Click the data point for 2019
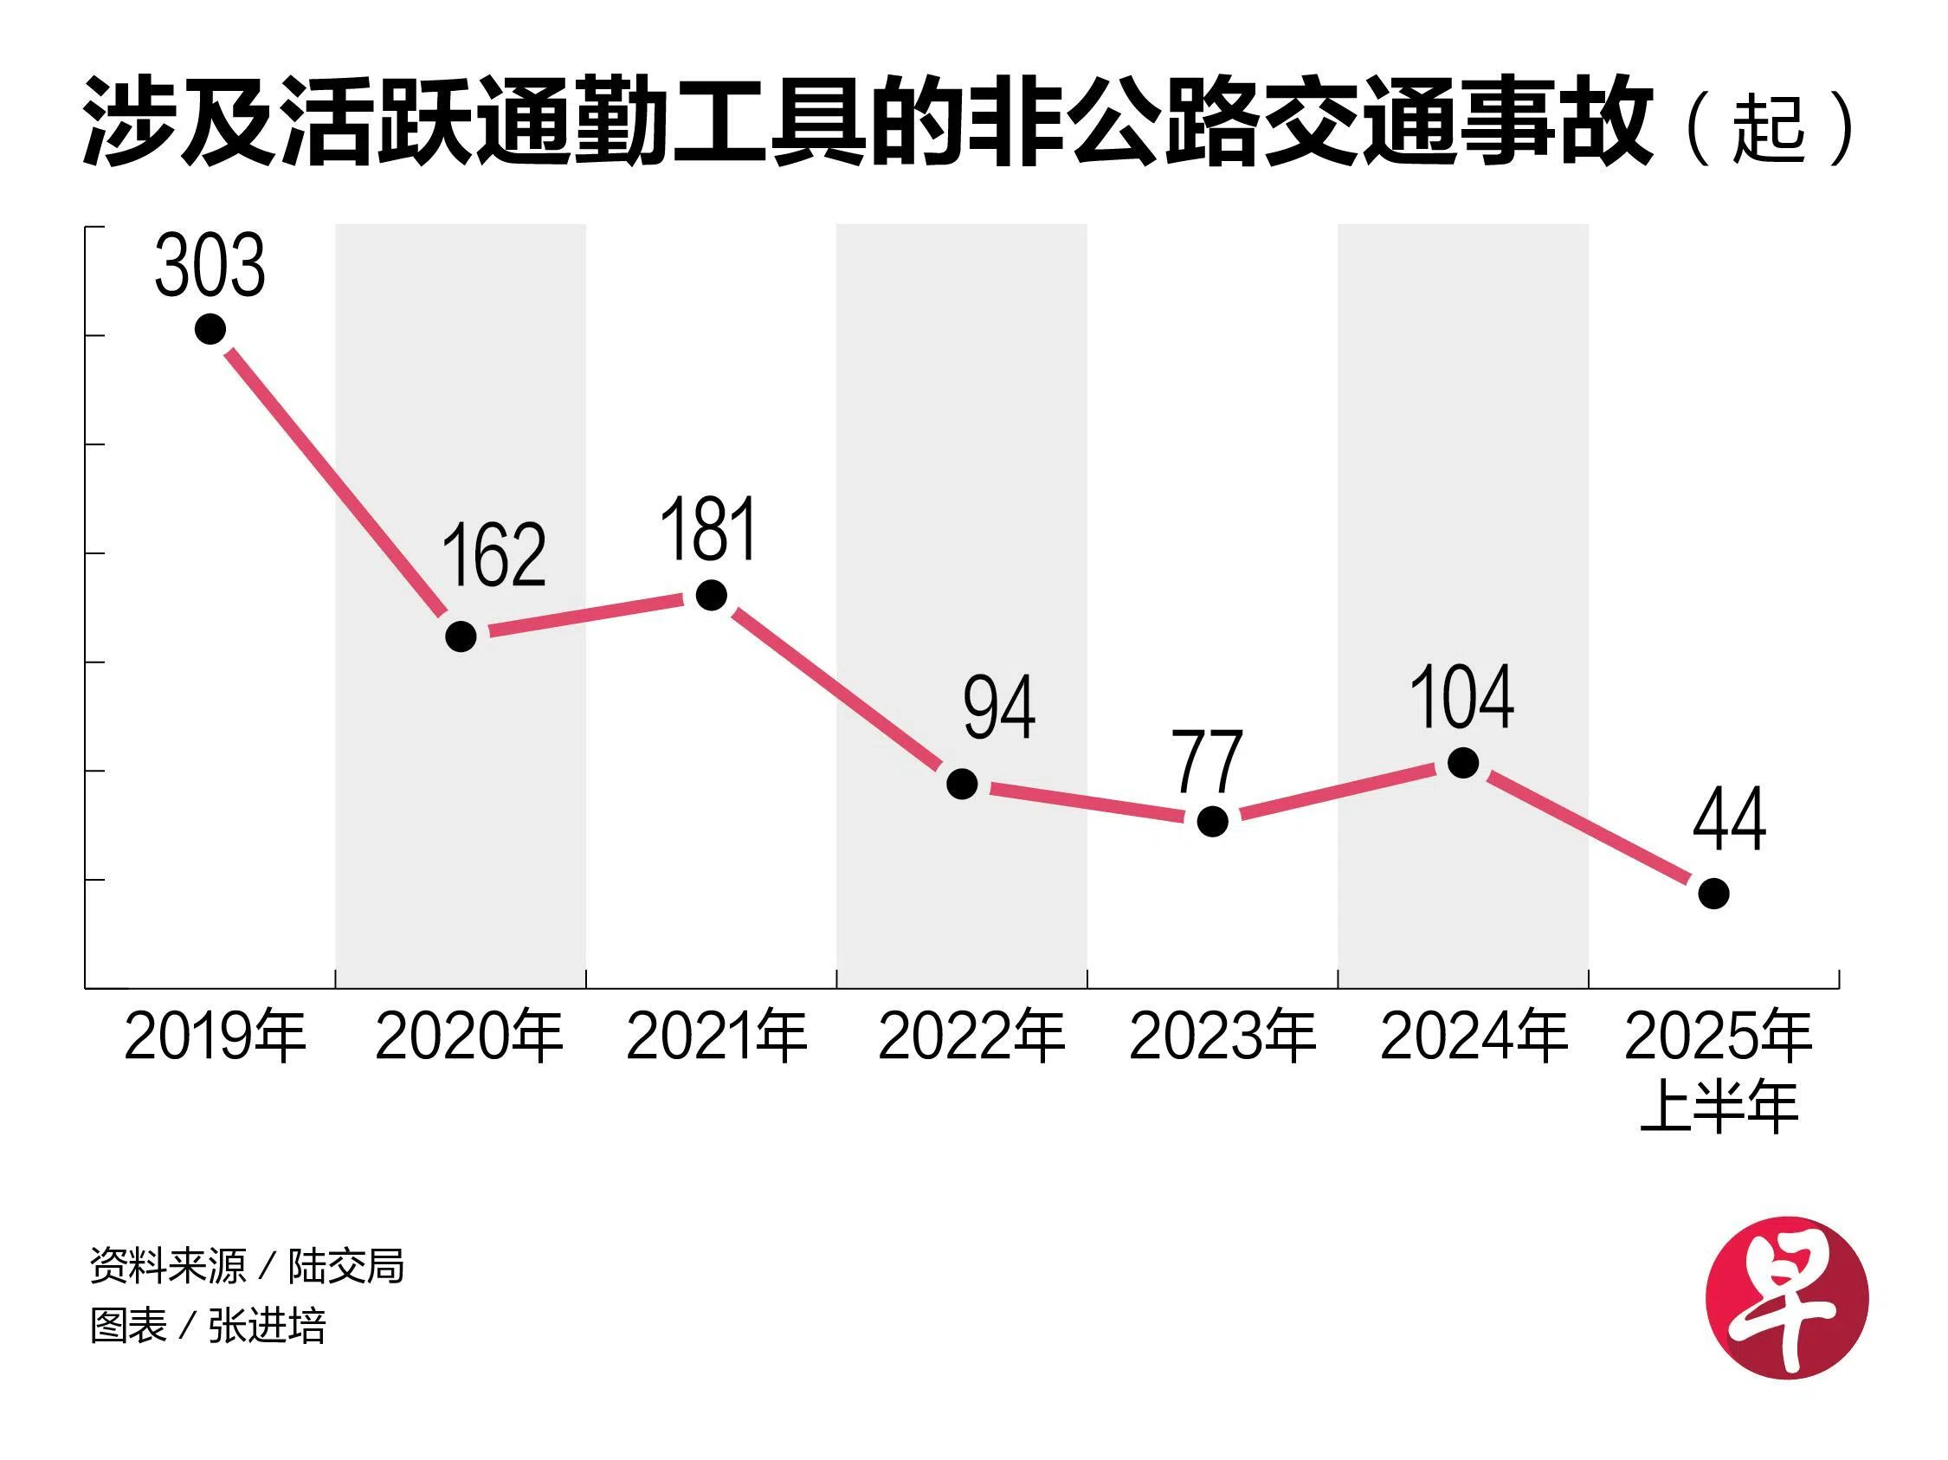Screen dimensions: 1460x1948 click(x=210, y=329)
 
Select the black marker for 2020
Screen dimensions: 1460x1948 click(x=461, y=636)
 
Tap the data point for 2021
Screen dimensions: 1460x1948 click(x=712, y=595)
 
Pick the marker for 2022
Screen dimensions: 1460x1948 click(x=962, y=783)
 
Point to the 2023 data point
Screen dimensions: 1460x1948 click(x=1213, y=821)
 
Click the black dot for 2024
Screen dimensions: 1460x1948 click(x=1464, y=763)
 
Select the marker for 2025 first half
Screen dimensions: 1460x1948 click(x=1713, y=894)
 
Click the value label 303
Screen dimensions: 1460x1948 click(x=210, y=265)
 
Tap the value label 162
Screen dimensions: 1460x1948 click(x=493, y=555)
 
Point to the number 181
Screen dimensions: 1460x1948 click(x=709, y=529)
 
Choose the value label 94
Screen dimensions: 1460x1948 click(x=998, y=708)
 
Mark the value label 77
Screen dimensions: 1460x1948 click(x=1209, y=763)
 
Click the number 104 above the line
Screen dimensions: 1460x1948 click(x=1462, y=697)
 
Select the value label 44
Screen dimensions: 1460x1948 click(x=1730, y=819)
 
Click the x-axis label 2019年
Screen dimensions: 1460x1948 click(x=215, y=1037)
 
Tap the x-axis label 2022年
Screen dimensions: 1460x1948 click(x=971, y=1037)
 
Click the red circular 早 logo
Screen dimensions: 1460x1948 click(x=1787, y=1297)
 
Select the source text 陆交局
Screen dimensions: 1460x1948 click(x=346, y=1266)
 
